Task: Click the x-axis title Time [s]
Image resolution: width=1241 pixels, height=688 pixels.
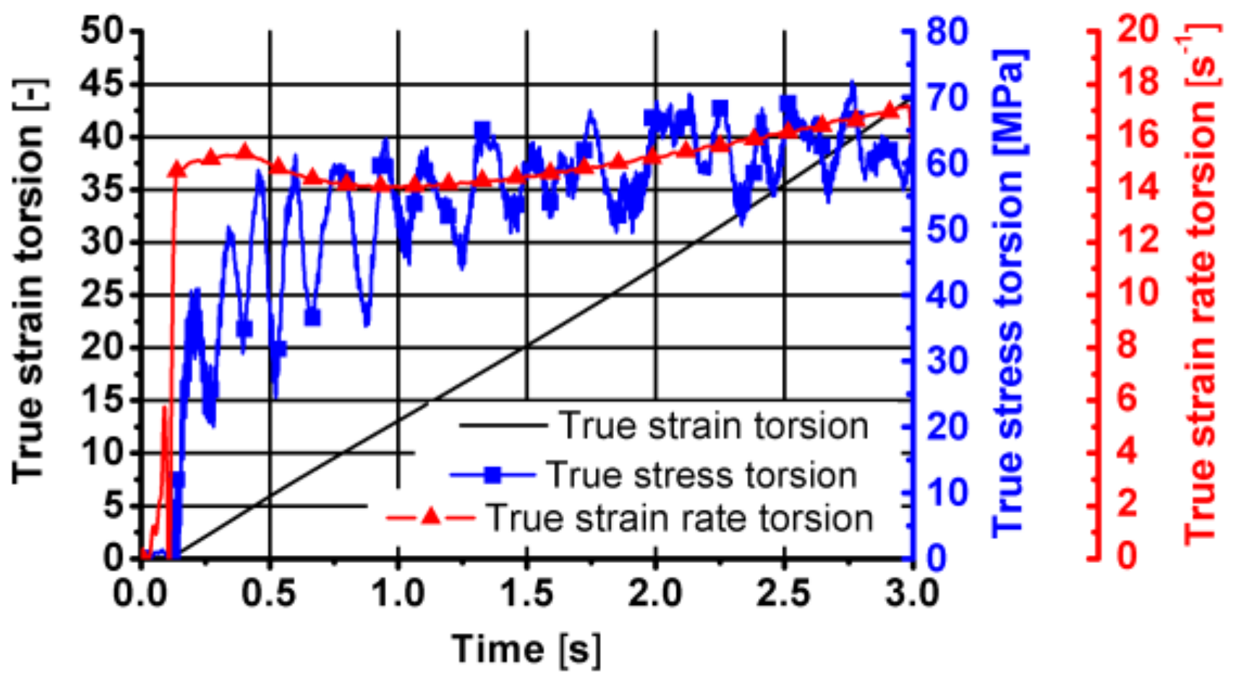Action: (526, 648)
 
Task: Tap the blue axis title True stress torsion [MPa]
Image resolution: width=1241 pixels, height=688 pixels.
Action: (1009, 293)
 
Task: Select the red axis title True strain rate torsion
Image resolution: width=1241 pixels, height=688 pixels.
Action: (1201, 285)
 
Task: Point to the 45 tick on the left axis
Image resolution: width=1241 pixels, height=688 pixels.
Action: (103, 85)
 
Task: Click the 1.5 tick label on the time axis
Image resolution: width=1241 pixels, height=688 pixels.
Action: (526, 594)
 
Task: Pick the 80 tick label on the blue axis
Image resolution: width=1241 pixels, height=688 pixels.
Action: (947, 33)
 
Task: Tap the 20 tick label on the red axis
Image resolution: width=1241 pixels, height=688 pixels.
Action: (1138, 30)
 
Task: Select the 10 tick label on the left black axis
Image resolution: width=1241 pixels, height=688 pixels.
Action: (103, 454)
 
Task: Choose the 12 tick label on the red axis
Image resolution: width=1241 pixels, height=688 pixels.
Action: (1138, 240)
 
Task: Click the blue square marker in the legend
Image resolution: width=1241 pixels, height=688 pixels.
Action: (493, 475)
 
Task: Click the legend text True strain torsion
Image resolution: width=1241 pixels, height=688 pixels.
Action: (713, 426)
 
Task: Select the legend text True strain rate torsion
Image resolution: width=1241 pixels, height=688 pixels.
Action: (680, 518)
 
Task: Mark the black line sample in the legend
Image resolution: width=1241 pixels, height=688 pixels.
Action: (503, 426)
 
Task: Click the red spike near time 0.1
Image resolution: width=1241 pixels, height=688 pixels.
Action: (165, 434)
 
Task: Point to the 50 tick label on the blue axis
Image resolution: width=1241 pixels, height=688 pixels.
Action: (947, 231)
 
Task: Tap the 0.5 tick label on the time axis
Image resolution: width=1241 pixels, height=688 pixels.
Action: (269, 594)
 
